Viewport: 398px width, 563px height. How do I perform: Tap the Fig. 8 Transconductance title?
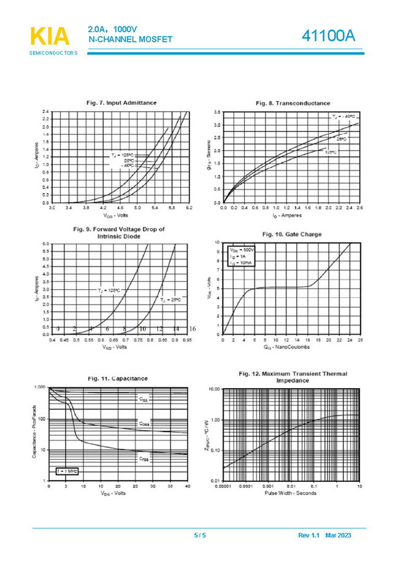[x=293, y=103]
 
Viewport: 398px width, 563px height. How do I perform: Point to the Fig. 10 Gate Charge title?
[x=291, y=234]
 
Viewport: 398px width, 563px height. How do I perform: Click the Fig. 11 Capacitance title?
[x=117, y=378]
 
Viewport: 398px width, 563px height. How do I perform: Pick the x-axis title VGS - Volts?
[x=116, y=215]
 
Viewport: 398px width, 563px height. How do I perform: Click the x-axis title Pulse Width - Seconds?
[x=291, y=493]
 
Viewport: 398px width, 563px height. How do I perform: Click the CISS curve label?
[x=143, y=399]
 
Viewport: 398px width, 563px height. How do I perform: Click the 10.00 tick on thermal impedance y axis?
[x=213, y=389]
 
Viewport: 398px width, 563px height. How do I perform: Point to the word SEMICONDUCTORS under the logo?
[x=53, y=53]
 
